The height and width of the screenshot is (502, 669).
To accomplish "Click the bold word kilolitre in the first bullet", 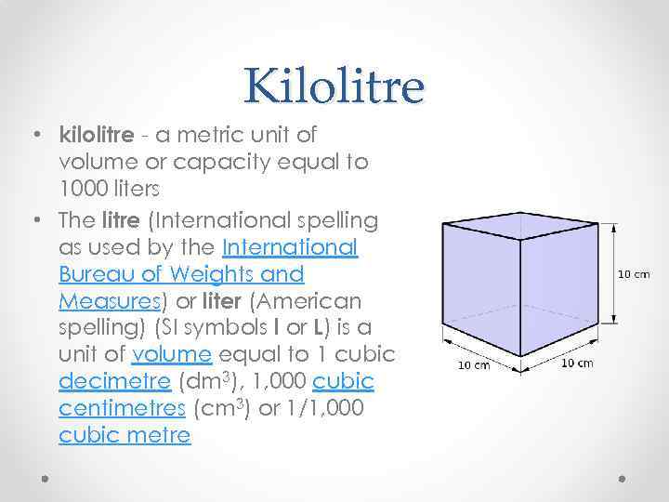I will [97, 136].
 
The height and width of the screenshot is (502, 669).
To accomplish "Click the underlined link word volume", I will [172, 355].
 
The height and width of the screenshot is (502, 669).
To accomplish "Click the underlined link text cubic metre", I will [125, 436].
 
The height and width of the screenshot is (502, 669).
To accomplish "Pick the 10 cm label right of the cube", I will [634, 273].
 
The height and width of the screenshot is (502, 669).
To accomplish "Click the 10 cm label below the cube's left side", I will [474, 364].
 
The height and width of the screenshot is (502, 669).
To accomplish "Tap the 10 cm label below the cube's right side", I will [577, 362].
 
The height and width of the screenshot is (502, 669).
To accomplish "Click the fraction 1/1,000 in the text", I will [321, 409].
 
